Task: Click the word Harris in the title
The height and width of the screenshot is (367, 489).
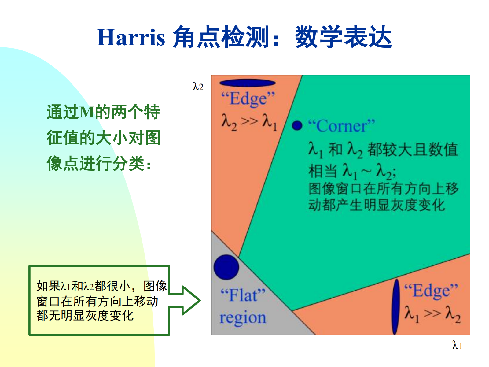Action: [131, 37]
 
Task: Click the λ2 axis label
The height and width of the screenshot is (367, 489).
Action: [198, 86]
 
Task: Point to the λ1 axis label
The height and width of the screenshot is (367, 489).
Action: [457, 345]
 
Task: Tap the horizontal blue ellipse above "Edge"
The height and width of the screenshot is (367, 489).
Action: [248, 83]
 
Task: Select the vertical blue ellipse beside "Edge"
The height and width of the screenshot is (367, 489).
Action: [395, 307]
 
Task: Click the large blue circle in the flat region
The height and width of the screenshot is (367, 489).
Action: [226, 267]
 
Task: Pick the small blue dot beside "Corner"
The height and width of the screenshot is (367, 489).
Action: [297, 125]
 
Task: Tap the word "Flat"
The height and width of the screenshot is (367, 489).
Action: [243, 295]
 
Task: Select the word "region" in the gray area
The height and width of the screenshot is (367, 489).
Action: [243, 317]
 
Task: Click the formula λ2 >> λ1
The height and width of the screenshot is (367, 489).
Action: [249, 122]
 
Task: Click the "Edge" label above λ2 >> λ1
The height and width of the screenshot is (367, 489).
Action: [248, 99]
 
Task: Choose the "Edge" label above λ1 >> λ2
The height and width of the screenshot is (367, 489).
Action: [431, 291]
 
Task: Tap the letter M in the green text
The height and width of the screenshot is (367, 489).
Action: [87, 112]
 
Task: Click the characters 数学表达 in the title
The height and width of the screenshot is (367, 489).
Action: [343, 37]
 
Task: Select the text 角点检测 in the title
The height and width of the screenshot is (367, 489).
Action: [221, 37]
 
